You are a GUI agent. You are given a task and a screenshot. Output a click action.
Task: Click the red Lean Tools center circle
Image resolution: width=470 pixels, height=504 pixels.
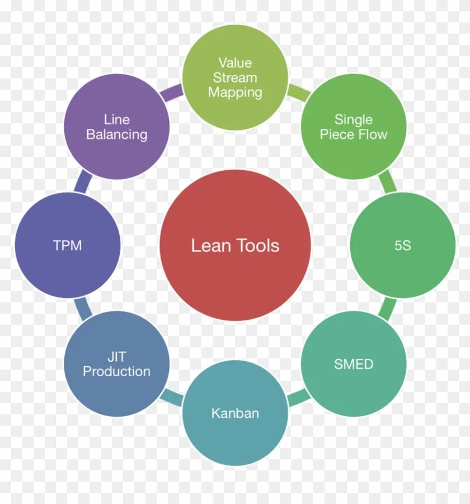(235, 245)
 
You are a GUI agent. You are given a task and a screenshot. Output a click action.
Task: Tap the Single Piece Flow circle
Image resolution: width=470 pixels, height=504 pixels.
(354, 127)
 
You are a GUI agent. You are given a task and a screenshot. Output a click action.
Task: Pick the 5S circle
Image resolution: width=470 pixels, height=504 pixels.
(403, 245)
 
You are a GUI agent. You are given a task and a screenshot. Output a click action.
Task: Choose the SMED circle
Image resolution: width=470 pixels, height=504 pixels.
(354, 364)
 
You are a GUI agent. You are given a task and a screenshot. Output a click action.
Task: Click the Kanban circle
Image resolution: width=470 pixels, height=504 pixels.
(235, 413)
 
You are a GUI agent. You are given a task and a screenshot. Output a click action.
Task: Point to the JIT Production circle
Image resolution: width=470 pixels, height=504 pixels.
(116, 364)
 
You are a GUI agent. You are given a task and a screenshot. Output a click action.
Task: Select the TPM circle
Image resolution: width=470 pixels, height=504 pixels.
(67, 245)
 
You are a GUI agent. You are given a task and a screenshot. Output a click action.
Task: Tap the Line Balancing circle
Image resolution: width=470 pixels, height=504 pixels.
(116, 127)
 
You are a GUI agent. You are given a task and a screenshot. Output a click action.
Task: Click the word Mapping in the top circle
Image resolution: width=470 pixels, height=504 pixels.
(235, 92)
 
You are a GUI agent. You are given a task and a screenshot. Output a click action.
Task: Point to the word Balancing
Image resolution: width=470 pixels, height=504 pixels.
(116, 135)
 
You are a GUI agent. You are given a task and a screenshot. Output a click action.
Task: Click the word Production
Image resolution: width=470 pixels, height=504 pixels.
(116, 372)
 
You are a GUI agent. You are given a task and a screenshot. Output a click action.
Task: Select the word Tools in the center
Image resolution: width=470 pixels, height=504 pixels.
(258, 245)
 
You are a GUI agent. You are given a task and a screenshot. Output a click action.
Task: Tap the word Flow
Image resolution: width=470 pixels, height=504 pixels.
(374, 135)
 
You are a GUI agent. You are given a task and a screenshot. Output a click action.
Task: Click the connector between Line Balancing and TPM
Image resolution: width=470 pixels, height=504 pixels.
(82, 182)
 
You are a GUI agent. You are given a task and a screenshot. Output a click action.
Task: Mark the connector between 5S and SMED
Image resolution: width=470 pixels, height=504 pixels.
(387, 309)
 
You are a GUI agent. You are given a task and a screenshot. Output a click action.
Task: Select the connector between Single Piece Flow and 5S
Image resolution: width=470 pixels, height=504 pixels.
(387, 182)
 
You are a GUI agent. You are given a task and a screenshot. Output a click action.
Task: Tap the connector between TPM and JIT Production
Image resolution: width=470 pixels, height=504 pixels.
(82, 309)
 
